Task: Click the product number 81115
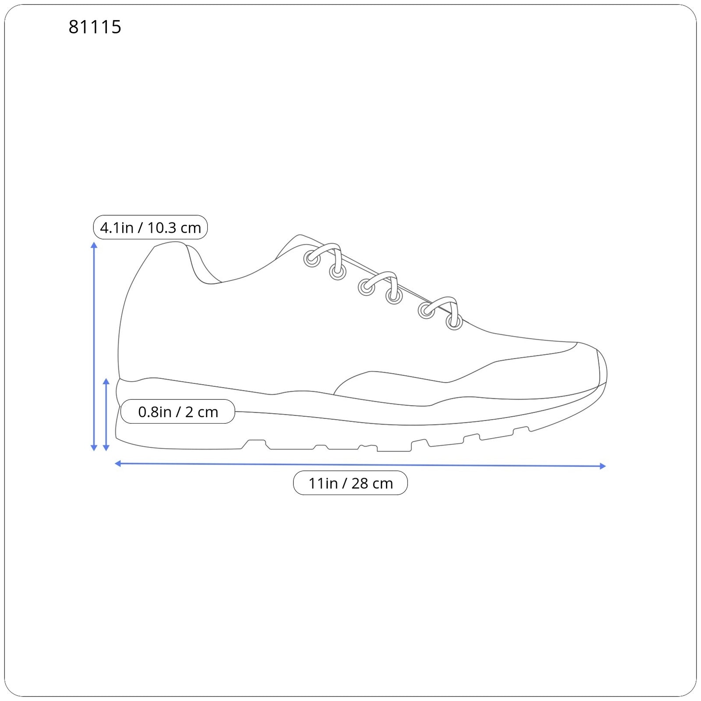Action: (95, 27)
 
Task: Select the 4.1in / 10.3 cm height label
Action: (150, 227)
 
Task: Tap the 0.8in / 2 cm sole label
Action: (178, 412)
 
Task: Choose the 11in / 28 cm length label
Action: (350, 483)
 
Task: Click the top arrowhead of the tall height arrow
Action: (94, 245)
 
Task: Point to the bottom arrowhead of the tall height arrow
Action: (94, 447)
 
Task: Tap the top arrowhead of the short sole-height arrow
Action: (106, 382)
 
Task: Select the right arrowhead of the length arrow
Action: (602, 466)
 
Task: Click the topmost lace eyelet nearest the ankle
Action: (312, 259)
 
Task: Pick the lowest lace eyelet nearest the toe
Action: (454, 322)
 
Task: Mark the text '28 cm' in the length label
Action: (372, 484)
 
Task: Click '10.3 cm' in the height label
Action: (174, 228)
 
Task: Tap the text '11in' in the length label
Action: (323, 484)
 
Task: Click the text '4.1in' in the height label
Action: (117, 228)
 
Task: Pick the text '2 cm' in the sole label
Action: (202, 412)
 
